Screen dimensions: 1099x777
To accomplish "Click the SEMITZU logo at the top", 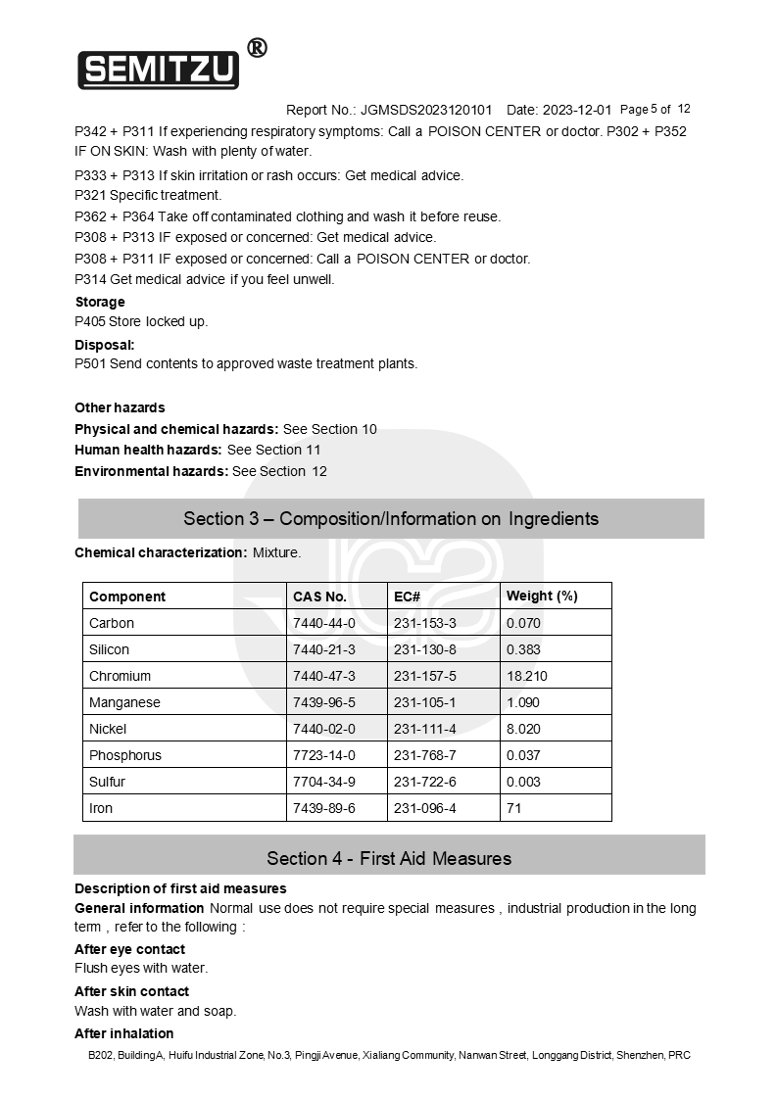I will (158, 69).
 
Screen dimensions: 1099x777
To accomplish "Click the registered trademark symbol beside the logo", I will (257, 47).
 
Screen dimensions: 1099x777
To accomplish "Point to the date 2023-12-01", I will (576, 110).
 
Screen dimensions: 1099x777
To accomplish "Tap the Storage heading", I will (100, 302).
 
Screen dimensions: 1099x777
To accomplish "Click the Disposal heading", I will (104, 345).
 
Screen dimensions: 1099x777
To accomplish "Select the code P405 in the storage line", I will (90, 321).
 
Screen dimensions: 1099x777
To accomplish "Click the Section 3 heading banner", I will (390, 518).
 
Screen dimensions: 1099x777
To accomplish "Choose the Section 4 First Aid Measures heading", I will (389, 858).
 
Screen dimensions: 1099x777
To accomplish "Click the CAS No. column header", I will (319, 597).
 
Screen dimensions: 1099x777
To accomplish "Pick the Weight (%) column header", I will (542, 597).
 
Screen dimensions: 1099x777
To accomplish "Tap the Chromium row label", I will (120, 676).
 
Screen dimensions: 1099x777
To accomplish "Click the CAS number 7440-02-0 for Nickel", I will (323, 729).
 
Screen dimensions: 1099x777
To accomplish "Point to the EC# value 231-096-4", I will (425, 808).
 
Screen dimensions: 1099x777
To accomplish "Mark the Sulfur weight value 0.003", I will (523, 782).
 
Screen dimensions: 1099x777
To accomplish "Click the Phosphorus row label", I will (125, 755).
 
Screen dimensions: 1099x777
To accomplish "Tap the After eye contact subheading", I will (129, 949).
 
